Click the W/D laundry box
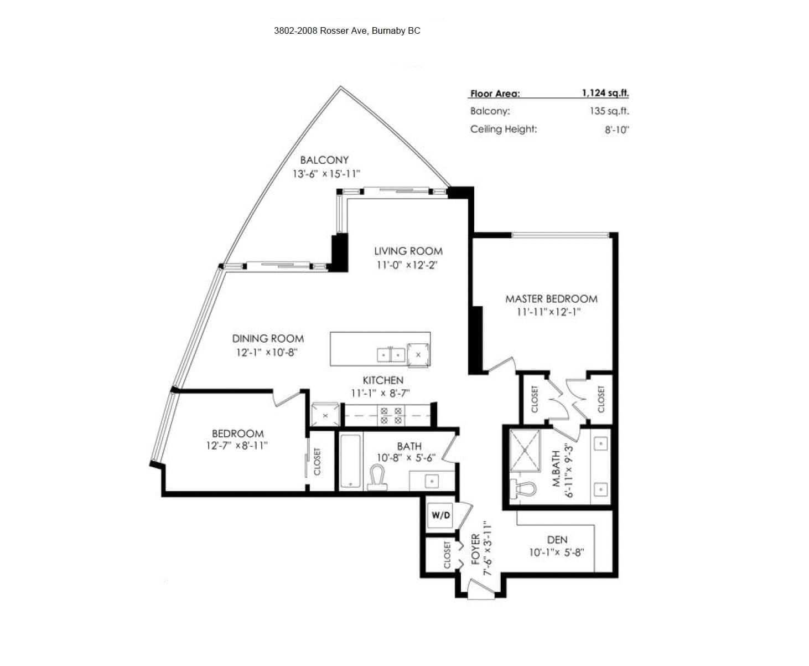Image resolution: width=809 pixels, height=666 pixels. (440, 515)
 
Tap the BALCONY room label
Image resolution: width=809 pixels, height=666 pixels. (324, 159)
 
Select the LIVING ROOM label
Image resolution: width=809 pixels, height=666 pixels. (408, 251)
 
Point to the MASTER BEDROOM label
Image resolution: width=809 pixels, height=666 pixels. (551, 298)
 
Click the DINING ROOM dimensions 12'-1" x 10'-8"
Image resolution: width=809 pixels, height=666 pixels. (267, 352)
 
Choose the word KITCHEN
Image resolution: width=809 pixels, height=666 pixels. (383, 380)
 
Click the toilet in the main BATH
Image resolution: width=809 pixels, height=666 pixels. (377, 478)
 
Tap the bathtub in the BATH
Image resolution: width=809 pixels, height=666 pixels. (351, 461)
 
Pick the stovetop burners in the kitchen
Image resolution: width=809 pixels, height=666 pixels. (391, 416)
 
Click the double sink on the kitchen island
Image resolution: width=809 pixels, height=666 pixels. (391, 355)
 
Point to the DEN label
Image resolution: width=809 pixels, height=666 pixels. (557, 540)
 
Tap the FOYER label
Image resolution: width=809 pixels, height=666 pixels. (476, 549)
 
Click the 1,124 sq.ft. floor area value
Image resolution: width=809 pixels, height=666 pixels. (605, 93)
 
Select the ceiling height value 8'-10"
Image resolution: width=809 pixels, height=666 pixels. (617, 130)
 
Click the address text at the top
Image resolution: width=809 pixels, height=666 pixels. (347, 30)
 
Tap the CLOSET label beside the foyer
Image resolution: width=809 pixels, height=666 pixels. (447, 555)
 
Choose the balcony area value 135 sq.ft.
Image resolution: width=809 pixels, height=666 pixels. (609, 111)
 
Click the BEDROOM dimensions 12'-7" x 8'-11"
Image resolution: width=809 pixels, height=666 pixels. (237, 445)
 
